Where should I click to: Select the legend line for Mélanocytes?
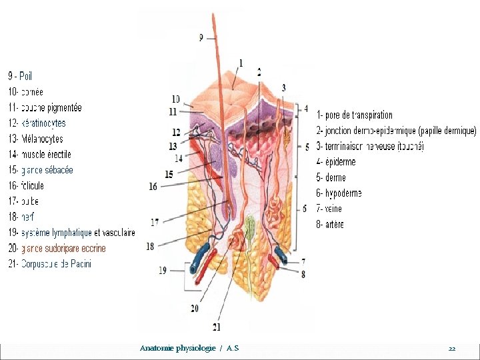(x=36, y=139)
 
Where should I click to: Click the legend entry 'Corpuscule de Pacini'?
(x=50, y=264)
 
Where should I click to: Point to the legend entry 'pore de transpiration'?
(x=355, y=115)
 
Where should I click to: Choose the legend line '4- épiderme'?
(x=336, y=161)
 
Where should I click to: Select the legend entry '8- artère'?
(x=330, y=225)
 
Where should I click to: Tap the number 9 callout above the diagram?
(x=201, y=38)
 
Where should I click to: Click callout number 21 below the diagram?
(x=217, y=327)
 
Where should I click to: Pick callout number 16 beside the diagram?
(x=153, y=187)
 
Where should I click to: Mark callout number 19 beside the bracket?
(x=163, y=270)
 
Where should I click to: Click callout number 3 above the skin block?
(x=284, y=87)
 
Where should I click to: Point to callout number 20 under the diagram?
(x=194, y=308)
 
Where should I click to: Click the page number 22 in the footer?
(x=451, y=349)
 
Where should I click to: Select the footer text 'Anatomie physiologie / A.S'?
(x=189, y=349)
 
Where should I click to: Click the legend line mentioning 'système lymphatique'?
(x=72, y=233)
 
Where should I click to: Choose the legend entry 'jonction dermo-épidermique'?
(x=397, y=131)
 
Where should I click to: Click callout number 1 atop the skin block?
(x=240, y=63)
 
